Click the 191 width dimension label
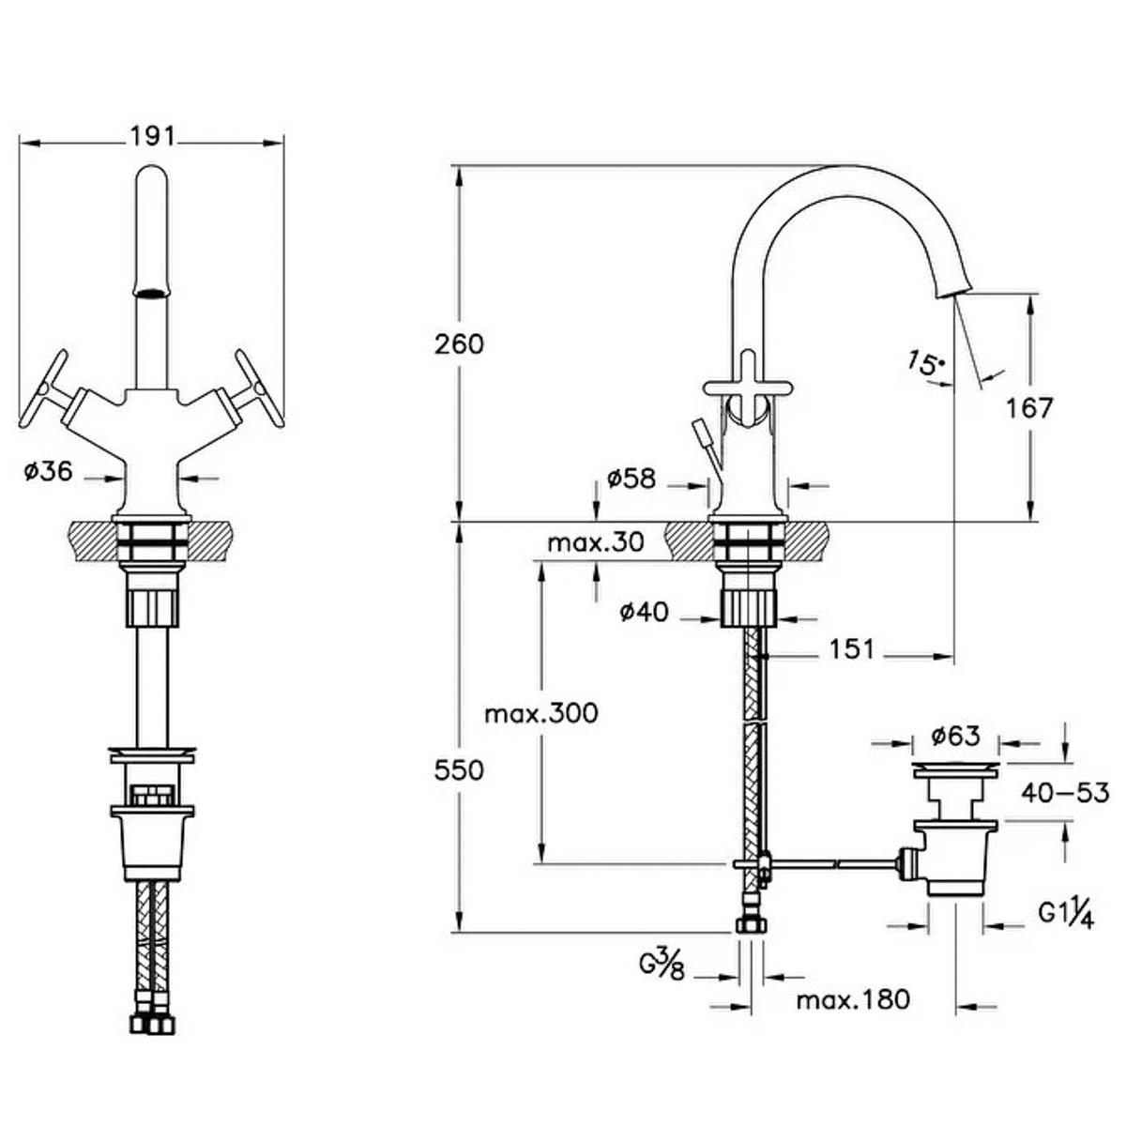pyautogui.click(x=152, y=136)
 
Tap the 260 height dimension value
pyautogui.click(x=459, y=343)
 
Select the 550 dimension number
pyautogui.click(x=459, y=770)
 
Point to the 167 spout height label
pyautogui.click(x=1029, y=408)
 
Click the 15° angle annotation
pyautogui.click(x=925, y=363)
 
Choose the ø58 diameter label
pyautogui.click(x=631, y=479)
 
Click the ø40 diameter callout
pyautogui.click(x=644, y=612)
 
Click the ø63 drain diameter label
pyautogui.click(x=955, y=736)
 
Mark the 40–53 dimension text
pyautogui.click(x=1065, y=793)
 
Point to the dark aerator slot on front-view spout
pyautogui.click(x=151, y=293)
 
